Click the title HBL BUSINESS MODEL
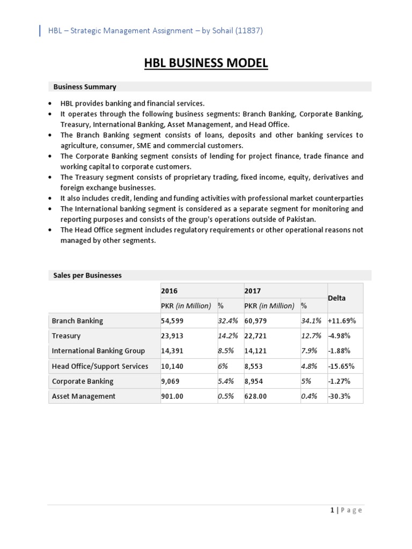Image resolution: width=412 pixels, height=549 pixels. click(206, 64)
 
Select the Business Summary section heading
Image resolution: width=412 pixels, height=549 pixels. click(85, 86)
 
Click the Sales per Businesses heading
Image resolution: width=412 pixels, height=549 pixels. click(87, 275)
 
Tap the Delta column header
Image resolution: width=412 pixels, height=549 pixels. click(337, 298)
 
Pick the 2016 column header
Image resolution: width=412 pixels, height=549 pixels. click(170, 291)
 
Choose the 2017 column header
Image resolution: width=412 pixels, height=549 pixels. click(253, 291)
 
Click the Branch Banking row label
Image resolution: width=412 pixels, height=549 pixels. click(77, 321)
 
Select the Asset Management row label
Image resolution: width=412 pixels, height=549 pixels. click(83, 396)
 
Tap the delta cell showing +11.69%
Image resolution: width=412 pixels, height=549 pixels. click(342, 321)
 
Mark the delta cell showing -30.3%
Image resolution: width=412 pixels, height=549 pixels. click(339, 396)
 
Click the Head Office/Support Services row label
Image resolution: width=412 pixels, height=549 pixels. click(100, 366)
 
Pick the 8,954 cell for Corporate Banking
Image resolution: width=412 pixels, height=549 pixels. click(255, 381)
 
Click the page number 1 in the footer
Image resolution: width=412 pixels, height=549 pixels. click(333, 510)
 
